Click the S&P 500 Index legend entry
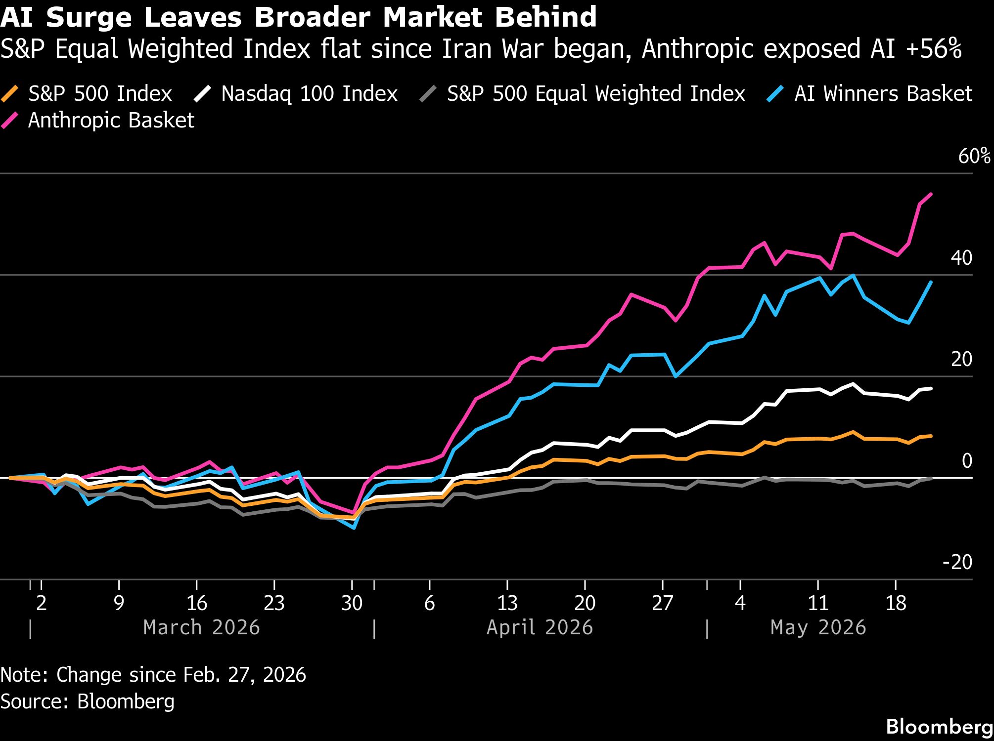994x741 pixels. [x=87, y=94]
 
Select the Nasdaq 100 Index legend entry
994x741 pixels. [x=296, y=94]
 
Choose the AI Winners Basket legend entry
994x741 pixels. [x=869, y=94]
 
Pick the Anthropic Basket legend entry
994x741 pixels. [x=98, y=121]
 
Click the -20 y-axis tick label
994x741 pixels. [x=958, y=562]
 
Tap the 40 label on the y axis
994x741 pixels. [x=962, y=258]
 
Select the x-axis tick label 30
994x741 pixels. [x=352, y=603]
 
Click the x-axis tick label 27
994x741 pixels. [x=663, y=603]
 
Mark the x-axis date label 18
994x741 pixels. [x=896, y=603]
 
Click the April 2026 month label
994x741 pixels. [x=540, y=628]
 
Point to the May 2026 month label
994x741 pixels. [x=818, y=628]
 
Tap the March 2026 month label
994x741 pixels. [x=201, y=628]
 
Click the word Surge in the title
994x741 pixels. [x=89, y=18]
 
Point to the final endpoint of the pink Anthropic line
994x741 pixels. [x=932, y=194]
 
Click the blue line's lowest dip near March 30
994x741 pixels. [x=354, y=528]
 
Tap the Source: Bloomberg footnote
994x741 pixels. [x=88, y=702]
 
